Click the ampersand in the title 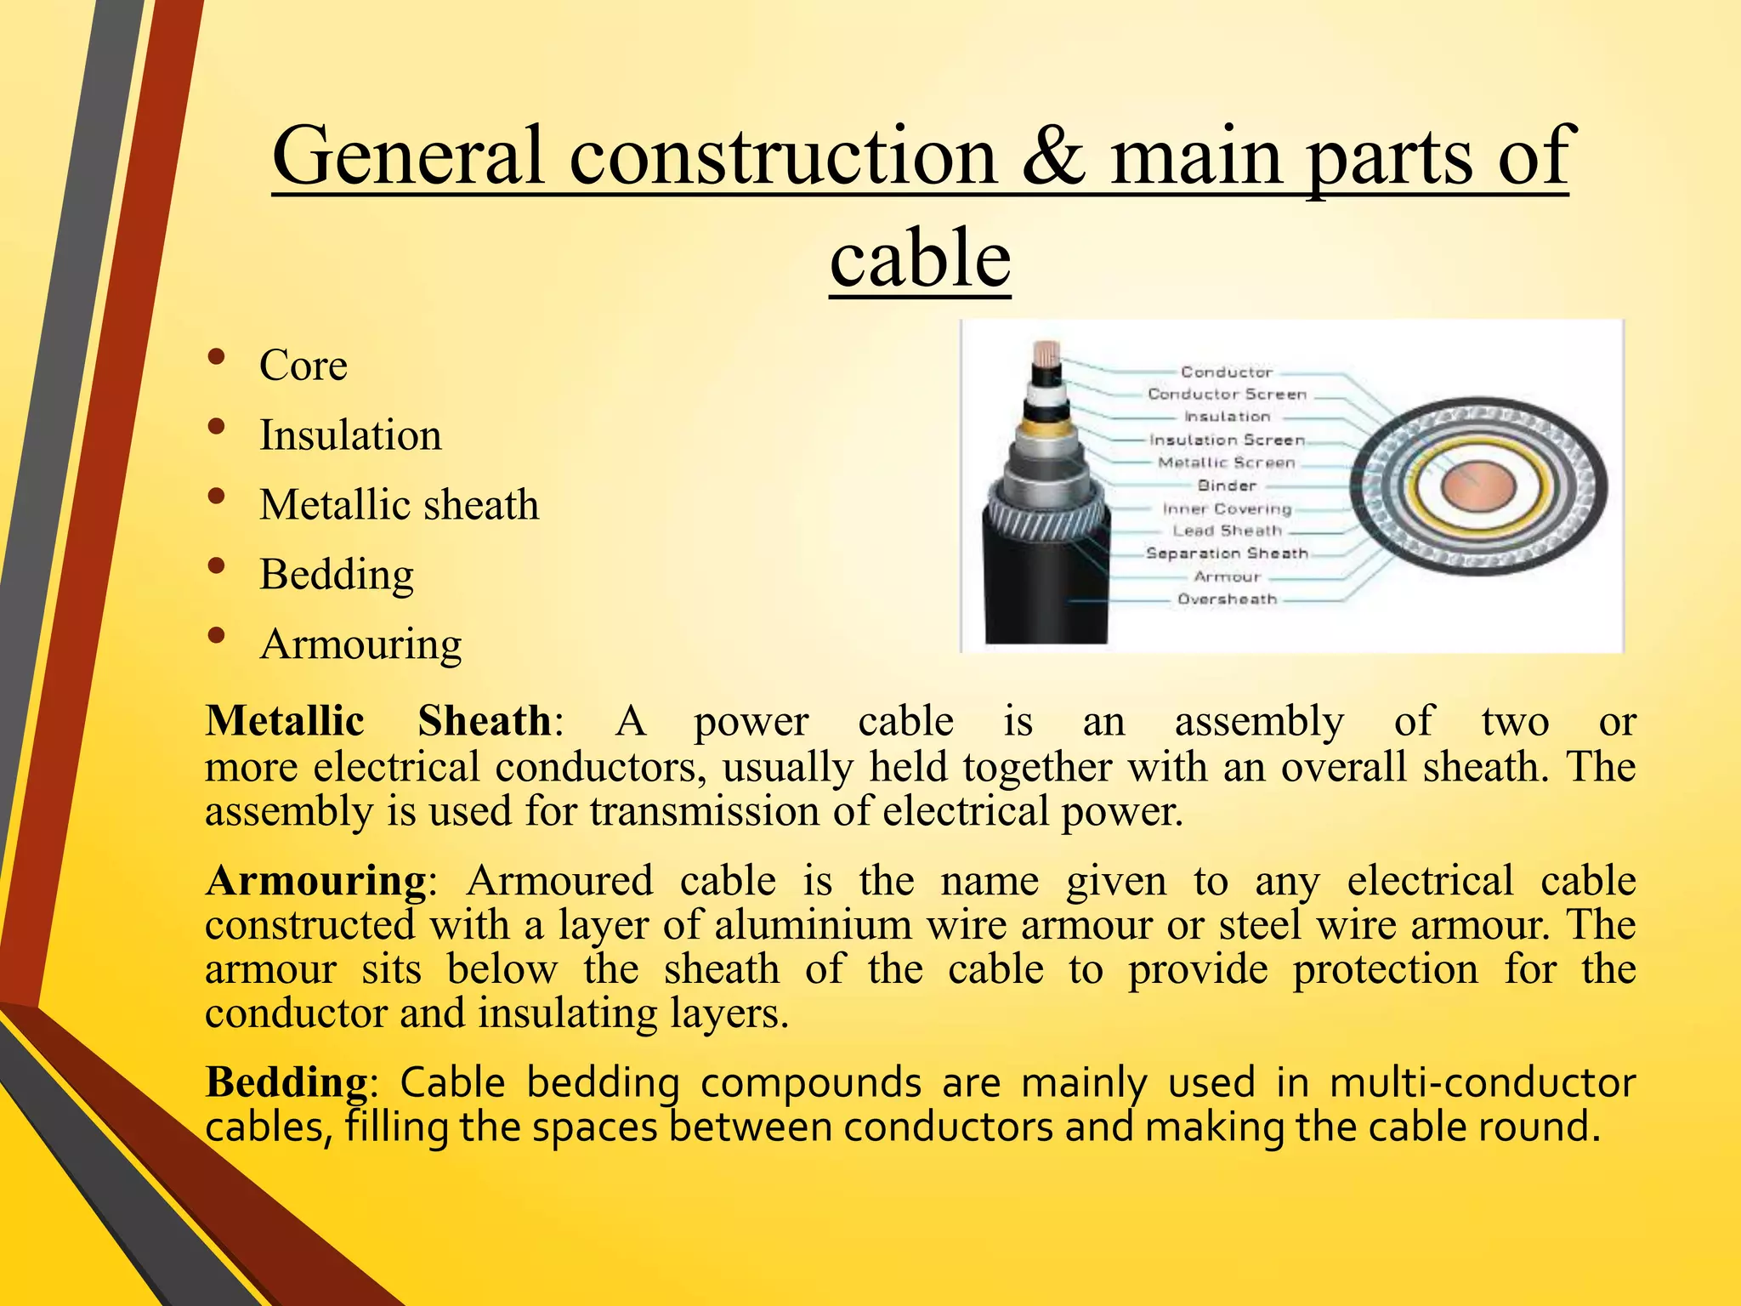(x=1053, y=156)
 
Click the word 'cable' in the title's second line (x=920, y=258)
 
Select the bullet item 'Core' (x=303, y=366)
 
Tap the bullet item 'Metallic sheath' (x=399, y=505)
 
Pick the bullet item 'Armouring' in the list (x=360, y=644)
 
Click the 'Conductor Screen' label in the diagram (x=1227, y=395)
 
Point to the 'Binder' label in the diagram (x=1227, y=485)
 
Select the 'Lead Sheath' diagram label (x=1227, y=531)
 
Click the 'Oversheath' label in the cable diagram (x=1227, y=599)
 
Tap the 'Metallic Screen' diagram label (x=1227, y=463)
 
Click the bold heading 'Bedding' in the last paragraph (x=286, y=1083)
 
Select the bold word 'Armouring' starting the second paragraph (x=316, y=881)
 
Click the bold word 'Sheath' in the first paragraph (x=485, y=721)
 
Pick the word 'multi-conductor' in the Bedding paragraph (x=1482, y=1083)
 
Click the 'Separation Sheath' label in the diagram (x=1227, y=554)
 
